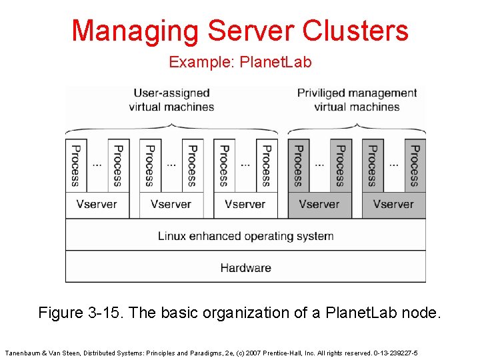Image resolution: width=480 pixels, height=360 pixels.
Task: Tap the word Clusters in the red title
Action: [x=355, y=31]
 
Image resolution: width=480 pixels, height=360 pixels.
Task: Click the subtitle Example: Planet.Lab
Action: [x=240, y=63]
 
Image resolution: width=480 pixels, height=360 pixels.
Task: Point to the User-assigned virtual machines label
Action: [x=171, y=100]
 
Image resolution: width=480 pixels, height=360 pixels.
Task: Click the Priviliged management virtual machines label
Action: [x=357, y=100]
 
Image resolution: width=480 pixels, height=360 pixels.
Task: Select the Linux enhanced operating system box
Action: [x=245, y=236]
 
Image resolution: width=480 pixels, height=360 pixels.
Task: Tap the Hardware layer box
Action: [x=245, y=268]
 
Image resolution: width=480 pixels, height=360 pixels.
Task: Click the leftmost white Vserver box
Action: [x=97, y=205]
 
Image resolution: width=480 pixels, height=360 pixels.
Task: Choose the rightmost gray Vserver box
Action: [x=393, y=205]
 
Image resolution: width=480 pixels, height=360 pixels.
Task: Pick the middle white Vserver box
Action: [x=171, y=205]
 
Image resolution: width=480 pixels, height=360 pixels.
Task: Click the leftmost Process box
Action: [x=75, y=165]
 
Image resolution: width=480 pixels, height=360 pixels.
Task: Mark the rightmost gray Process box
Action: [x=415, y=165]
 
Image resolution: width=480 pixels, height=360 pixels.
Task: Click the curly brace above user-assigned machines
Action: [x=171, y=129]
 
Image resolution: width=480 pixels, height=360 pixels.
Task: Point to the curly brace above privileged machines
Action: [x=357, y=129]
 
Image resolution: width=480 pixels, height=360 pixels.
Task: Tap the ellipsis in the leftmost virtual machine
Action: [x=97, y=164]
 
